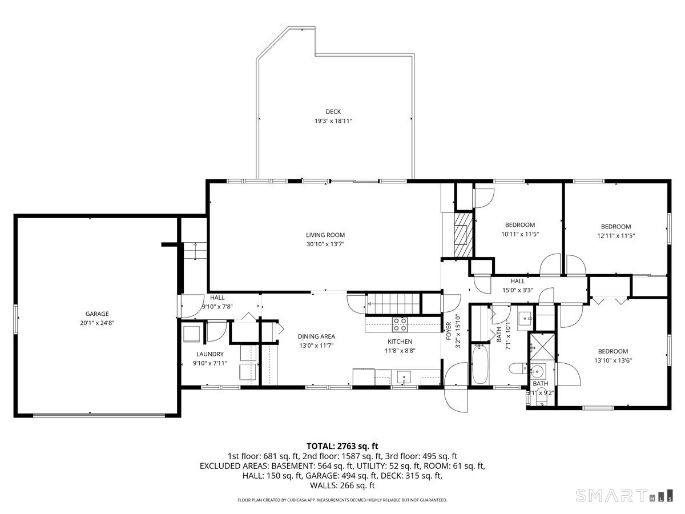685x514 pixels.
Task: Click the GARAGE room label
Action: click(97, 314)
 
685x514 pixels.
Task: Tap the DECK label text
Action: click(333, 111)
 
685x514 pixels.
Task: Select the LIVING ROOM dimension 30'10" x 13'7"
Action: click(325, 244)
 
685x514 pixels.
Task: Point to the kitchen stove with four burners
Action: click(400, 324)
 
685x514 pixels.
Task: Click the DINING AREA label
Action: click(316, 336)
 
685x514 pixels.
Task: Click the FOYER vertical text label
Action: click(449, 332)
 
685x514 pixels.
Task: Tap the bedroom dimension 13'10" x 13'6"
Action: click(613, 360)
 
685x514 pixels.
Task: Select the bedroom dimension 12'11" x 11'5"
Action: click(616, 235)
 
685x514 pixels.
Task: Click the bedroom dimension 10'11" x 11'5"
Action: click(520, 234)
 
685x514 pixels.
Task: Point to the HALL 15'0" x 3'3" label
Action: click(517, 285)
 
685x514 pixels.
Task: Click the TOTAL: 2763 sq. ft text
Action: click(342, 445)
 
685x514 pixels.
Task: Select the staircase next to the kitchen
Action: click(392, 303)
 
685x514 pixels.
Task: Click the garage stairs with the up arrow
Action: click(195, 251)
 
